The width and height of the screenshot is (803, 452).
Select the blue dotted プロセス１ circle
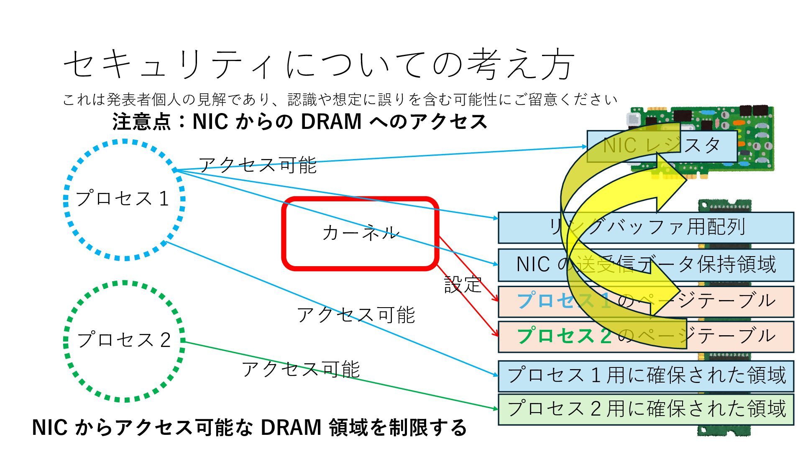tap(124, 200)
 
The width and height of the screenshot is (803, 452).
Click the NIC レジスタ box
tap(662, 146)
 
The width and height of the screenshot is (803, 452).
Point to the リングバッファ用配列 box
tap(646, 228)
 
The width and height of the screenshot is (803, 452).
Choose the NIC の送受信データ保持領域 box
tap(646, 265)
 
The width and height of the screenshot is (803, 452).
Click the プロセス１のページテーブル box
tap(646, 301)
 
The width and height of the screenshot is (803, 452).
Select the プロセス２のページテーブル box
tap(646, 336)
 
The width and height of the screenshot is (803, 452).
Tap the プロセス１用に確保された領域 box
tap(646, 375)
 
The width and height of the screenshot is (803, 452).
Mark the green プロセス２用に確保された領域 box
tap(646, 409)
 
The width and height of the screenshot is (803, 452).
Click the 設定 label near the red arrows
tap(463, 285)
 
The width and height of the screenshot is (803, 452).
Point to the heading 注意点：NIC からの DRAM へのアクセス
tap(299, 122)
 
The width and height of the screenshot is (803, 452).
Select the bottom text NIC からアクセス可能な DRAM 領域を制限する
tap(249, 428)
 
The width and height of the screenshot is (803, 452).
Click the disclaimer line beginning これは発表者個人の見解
tap(340, 100)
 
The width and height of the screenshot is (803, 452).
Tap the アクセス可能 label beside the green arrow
tap(300, 369)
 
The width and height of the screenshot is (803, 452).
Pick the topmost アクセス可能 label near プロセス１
tap(257, 165)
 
